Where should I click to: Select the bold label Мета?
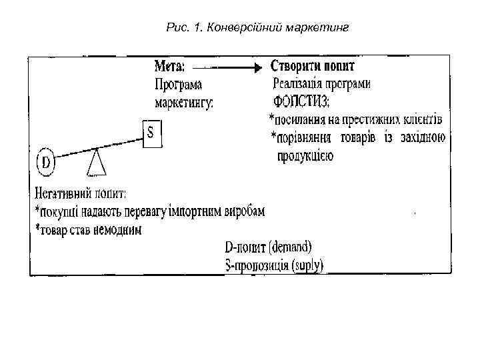click(x=171, y=67)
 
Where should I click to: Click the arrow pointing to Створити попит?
click(x=230, y=67)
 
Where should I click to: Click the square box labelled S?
click(x=152, y=133)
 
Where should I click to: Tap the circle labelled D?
click(x=45, y=162)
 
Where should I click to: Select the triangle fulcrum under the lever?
click(x=97, y=161)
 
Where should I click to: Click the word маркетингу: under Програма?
click(x=184, y=103)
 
